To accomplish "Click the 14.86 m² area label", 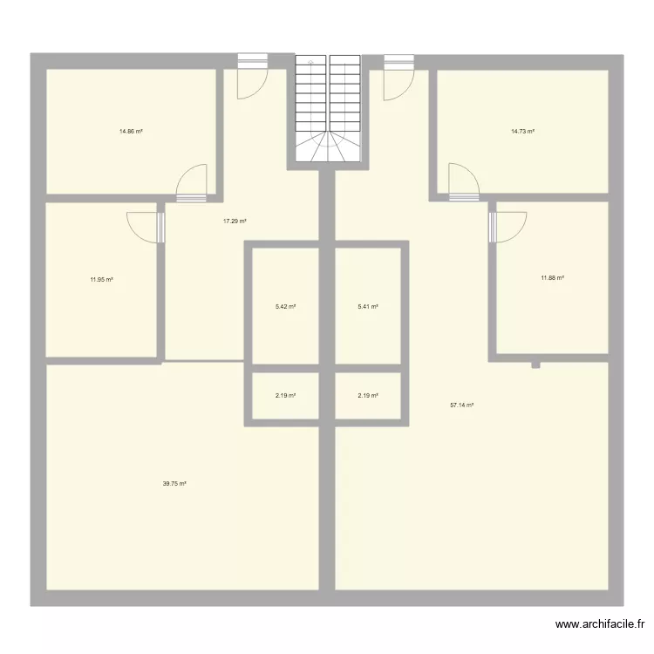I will pos(131,132).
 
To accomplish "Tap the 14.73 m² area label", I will pos(522,132).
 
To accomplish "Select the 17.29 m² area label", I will pos(235,221).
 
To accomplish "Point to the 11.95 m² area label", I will pos(102,280).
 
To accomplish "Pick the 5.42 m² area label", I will pos(285,306).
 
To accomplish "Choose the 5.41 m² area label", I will pos(368,306).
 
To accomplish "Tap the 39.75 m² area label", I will pos(175,484).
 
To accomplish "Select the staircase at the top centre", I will pos(327,108).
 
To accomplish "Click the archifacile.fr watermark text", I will pos(601,624).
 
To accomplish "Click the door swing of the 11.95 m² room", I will pos(144,225).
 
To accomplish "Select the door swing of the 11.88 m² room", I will pos(508,226).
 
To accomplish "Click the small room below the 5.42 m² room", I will pos(285,396).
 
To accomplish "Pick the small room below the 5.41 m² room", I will pos(368,396).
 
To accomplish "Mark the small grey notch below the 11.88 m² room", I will pos(536,364).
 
